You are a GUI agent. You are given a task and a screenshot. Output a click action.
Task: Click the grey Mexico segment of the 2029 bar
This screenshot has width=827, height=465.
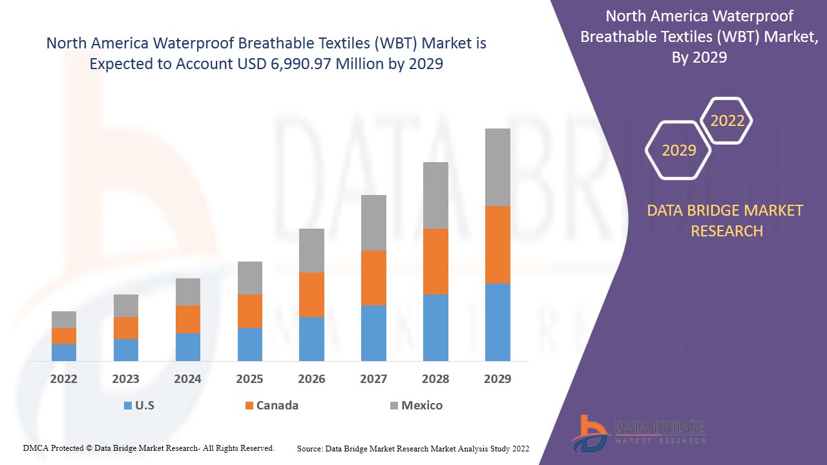tap(497, 167)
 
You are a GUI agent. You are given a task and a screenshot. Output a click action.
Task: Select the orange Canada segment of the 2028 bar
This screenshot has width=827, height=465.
tap(435, 262)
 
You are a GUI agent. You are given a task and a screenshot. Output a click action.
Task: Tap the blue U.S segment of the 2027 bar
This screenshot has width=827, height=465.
tap(373, 333)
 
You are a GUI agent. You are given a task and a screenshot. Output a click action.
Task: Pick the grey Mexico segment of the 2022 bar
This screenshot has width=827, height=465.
tap(64, 320)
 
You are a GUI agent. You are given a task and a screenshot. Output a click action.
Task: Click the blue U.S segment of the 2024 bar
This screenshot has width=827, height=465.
tap(188, 347)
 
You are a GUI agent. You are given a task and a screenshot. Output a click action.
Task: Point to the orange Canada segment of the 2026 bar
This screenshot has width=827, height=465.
tap(311, 294)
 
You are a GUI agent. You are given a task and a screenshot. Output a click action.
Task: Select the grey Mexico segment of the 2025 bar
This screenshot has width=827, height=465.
tap(250, 278)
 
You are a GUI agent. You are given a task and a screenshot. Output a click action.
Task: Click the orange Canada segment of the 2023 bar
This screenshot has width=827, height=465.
tap(126, 328)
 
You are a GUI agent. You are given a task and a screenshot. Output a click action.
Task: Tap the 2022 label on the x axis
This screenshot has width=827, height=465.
tap(64, 379)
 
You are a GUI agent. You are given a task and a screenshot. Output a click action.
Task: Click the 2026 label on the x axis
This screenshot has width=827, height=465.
tap(311, 379)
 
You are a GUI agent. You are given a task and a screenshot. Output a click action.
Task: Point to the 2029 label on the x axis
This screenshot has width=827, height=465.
tap(497, 379)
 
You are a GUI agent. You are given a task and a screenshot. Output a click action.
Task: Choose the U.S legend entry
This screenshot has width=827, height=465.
tap(139, 406)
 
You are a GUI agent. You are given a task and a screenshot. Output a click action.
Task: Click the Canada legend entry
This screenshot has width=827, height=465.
tap(271, 406)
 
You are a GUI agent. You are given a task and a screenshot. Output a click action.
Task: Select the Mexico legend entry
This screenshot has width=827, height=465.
tap(416, 406)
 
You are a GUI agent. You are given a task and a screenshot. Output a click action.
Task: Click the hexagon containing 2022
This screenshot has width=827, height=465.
tap(727, 121)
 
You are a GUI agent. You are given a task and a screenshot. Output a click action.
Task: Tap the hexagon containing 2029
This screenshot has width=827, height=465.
tap(678, 150)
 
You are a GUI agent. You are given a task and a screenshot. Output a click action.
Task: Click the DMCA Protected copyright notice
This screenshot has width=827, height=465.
tap(149, 448)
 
